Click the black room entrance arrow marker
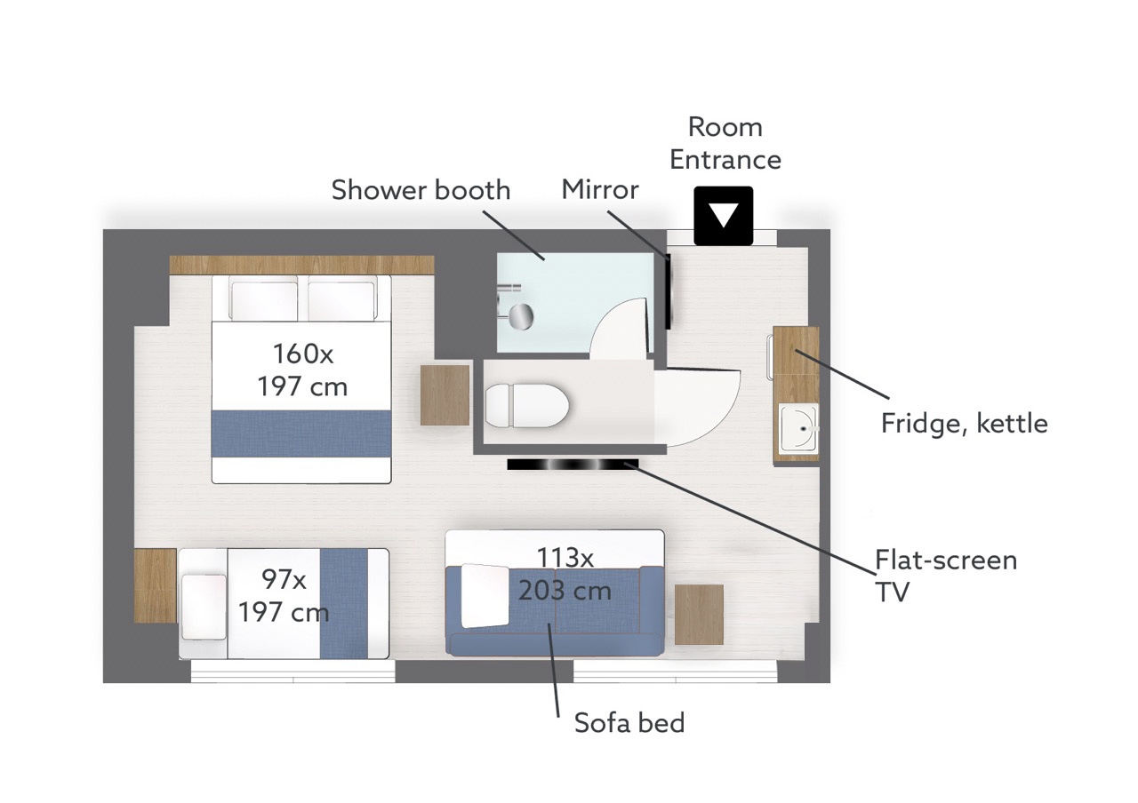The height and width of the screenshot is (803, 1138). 724,216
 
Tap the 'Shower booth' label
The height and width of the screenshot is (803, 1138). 421,190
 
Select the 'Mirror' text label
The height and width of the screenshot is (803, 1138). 600,190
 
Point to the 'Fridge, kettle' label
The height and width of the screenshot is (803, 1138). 965,424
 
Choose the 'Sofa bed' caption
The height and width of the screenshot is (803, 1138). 629,723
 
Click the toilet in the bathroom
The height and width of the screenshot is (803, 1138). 527,405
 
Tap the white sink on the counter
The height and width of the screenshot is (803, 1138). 798,427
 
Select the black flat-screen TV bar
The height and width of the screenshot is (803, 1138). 573,465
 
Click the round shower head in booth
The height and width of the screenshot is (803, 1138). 521,317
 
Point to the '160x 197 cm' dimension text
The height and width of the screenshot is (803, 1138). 303,370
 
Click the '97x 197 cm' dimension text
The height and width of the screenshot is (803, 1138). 284,595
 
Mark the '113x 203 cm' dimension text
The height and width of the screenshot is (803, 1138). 565,575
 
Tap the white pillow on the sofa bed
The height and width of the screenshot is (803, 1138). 485,596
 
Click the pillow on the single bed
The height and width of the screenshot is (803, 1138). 204,607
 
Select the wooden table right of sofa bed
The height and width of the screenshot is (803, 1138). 699,614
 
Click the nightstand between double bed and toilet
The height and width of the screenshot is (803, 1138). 445,395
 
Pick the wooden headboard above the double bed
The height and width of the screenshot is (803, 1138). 301,265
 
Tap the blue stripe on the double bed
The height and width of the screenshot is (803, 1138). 301,433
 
